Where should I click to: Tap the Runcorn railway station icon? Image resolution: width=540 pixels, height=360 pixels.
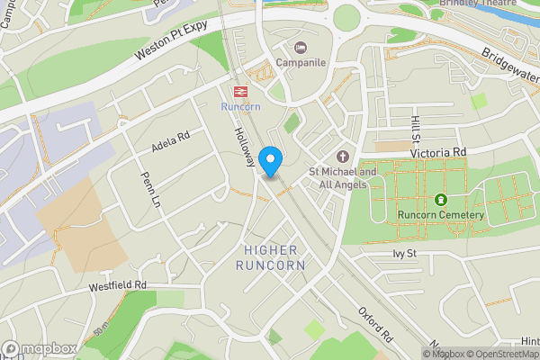click(240, 91)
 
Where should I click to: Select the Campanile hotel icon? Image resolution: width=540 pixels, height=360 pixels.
click(300, 47)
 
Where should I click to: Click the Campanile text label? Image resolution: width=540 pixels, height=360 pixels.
click(300, 63)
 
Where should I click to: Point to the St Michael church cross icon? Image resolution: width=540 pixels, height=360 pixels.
click(342, 155)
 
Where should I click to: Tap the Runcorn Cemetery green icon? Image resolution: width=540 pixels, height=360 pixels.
click(441, 200)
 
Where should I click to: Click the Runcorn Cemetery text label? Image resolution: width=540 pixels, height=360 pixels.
click(441, 215)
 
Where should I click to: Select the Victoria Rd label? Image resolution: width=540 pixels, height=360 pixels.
click(439, 153)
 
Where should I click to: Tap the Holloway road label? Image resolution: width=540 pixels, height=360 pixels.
click(243, 144)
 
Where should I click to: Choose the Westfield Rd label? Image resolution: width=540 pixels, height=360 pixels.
click(117, 286)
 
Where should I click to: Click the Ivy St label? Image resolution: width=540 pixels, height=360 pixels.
click(407, 255)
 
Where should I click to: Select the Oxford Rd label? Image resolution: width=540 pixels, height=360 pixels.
click(377, 325)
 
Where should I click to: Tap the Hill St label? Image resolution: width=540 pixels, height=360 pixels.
click(415, 131)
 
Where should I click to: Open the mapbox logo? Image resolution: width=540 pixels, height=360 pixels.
click(39, 348)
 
